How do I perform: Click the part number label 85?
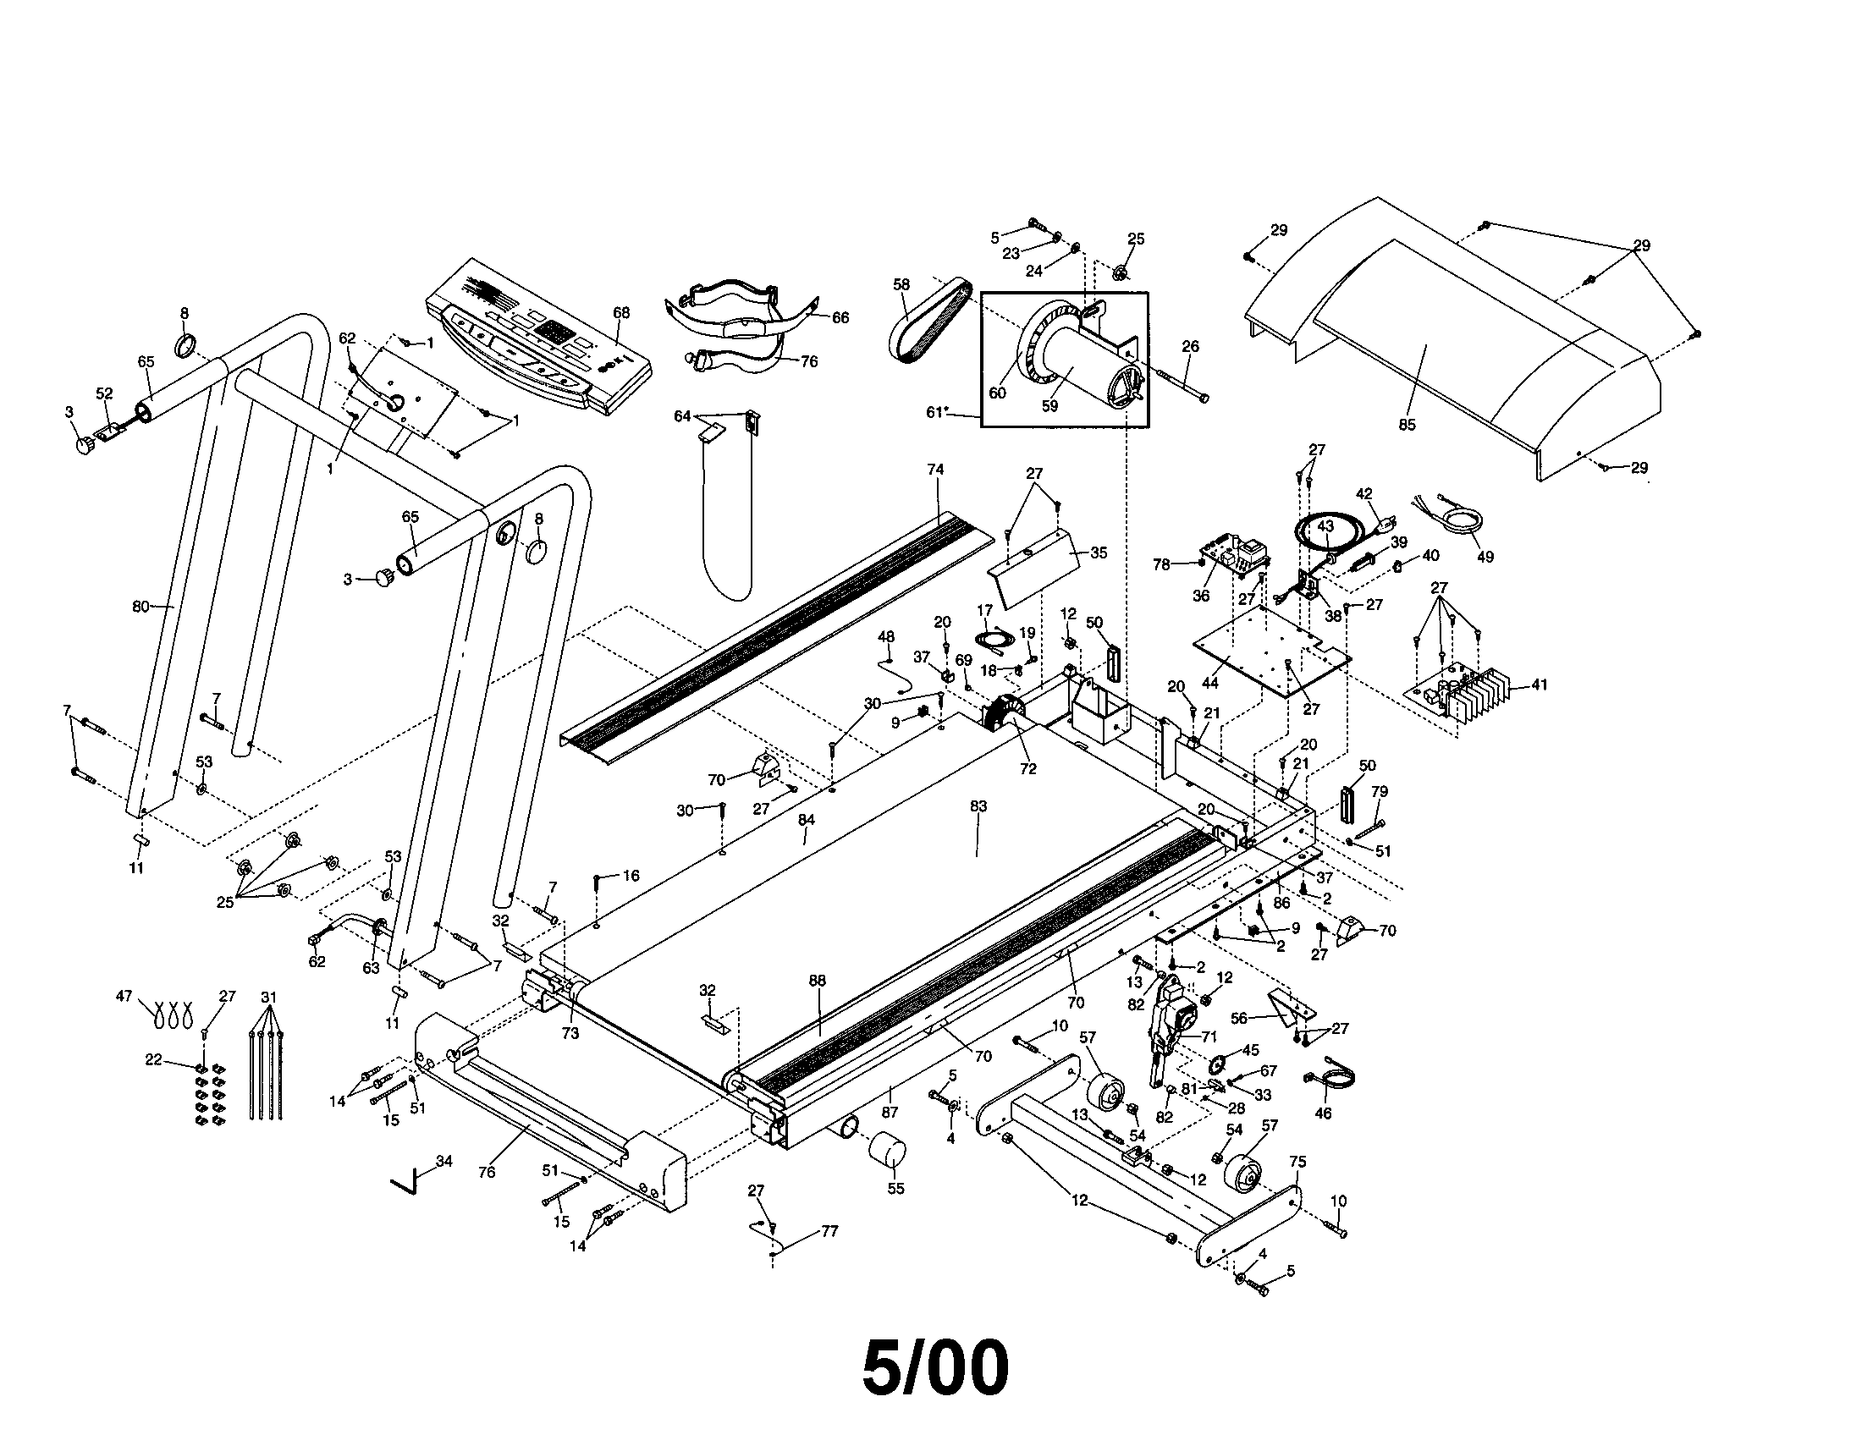[x=1407, y=425]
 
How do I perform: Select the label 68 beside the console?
[x=621, y=313]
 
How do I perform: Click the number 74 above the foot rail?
[x=935, y=470]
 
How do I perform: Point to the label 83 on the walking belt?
[x=978, y=806]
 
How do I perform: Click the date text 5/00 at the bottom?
[x=935, y=1367]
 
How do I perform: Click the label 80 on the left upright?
[x=140, y=607]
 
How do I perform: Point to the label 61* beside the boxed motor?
[x=937, y=412]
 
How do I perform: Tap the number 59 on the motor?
[x=1049, y=406]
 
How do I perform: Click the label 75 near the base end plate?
[x=1297, y=1162]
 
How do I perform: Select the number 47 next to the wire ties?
[x=124, y=995]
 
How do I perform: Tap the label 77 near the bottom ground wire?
[x=829, y=1231]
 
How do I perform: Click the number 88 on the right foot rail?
[x=817, y=981]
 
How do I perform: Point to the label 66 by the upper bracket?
[x=840, y=318]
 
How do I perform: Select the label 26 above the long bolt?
[x=1190, y=346]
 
